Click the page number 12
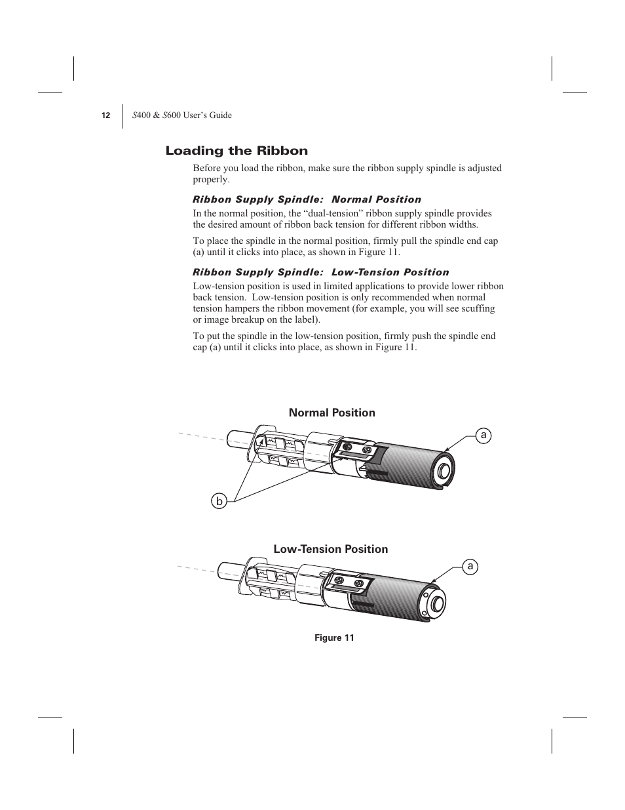[x=105, y=115]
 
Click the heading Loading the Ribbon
[x=237, y=151]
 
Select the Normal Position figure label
[x=332, y=413]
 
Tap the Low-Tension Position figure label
[x=330, y=549]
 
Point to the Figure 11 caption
[x=334, y=638]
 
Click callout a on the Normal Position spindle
[x=483, y=435]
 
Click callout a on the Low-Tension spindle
[x=470, y=566]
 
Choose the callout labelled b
[x=219, y=502]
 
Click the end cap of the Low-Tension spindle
[x=435, y=603]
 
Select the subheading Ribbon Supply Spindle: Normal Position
[x=307, y=199]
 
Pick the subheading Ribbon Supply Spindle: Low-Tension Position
[x=320, y=272]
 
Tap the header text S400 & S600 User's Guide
[x=182, y=115]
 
